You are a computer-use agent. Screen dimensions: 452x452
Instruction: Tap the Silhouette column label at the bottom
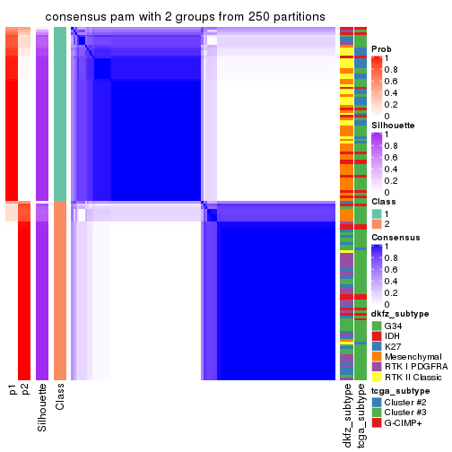42,408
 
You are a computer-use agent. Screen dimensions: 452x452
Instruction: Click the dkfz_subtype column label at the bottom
346,415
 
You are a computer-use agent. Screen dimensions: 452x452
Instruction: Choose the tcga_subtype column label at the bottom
360,414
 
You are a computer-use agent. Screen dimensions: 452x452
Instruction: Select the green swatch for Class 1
377,213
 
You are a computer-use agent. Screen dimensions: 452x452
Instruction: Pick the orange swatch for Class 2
377,223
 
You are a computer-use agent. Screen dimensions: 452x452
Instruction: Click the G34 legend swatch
377,324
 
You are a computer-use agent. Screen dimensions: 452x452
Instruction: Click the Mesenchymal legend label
415,356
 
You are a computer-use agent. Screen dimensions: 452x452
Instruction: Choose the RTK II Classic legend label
415,378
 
